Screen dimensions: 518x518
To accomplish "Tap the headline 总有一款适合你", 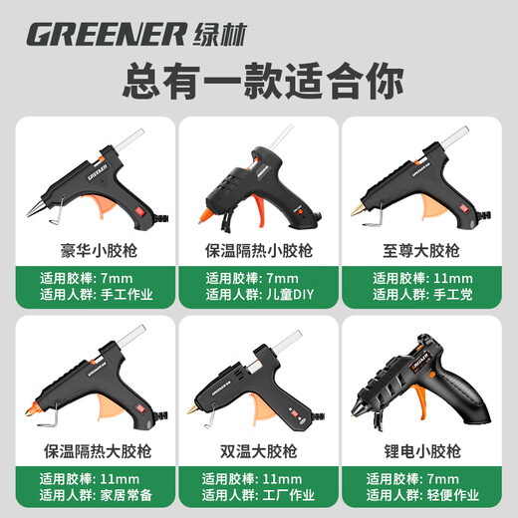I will (x=258, y=81).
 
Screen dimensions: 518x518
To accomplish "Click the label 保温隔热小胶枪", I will (x=258, y=248).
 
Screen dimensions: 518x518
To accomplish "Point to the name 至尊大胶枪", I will (x=426, y=248).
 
